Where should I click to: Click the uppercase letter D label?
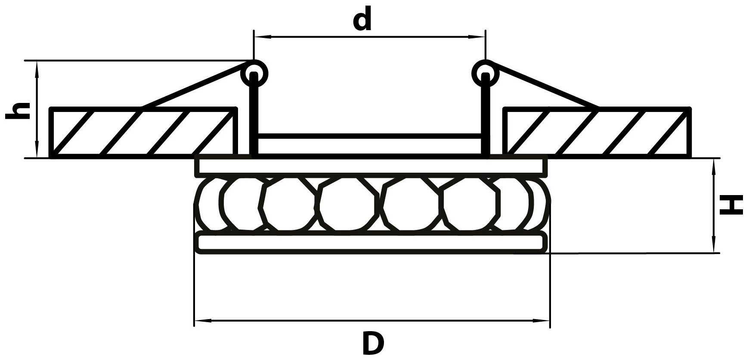(x=371, y=343)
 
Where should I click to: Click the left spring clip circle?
(x=254, y=73)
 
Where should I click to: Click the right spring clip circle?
(x=486, y=73)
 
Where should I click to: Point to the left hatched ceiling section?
(x=143, y=132)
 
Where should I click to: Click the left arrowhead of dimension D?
(x=200, y=321)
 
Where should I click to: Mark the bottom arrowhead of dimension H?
(x=714, y=247)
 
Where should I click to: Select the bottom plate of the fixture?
(x=371, y=243)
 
